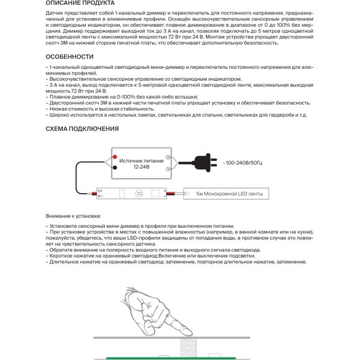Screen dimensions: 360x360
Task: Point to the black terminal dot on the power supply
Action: coord(115,166)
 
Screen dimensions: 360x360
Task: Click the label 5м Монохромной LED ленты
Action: coord(229,194)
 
